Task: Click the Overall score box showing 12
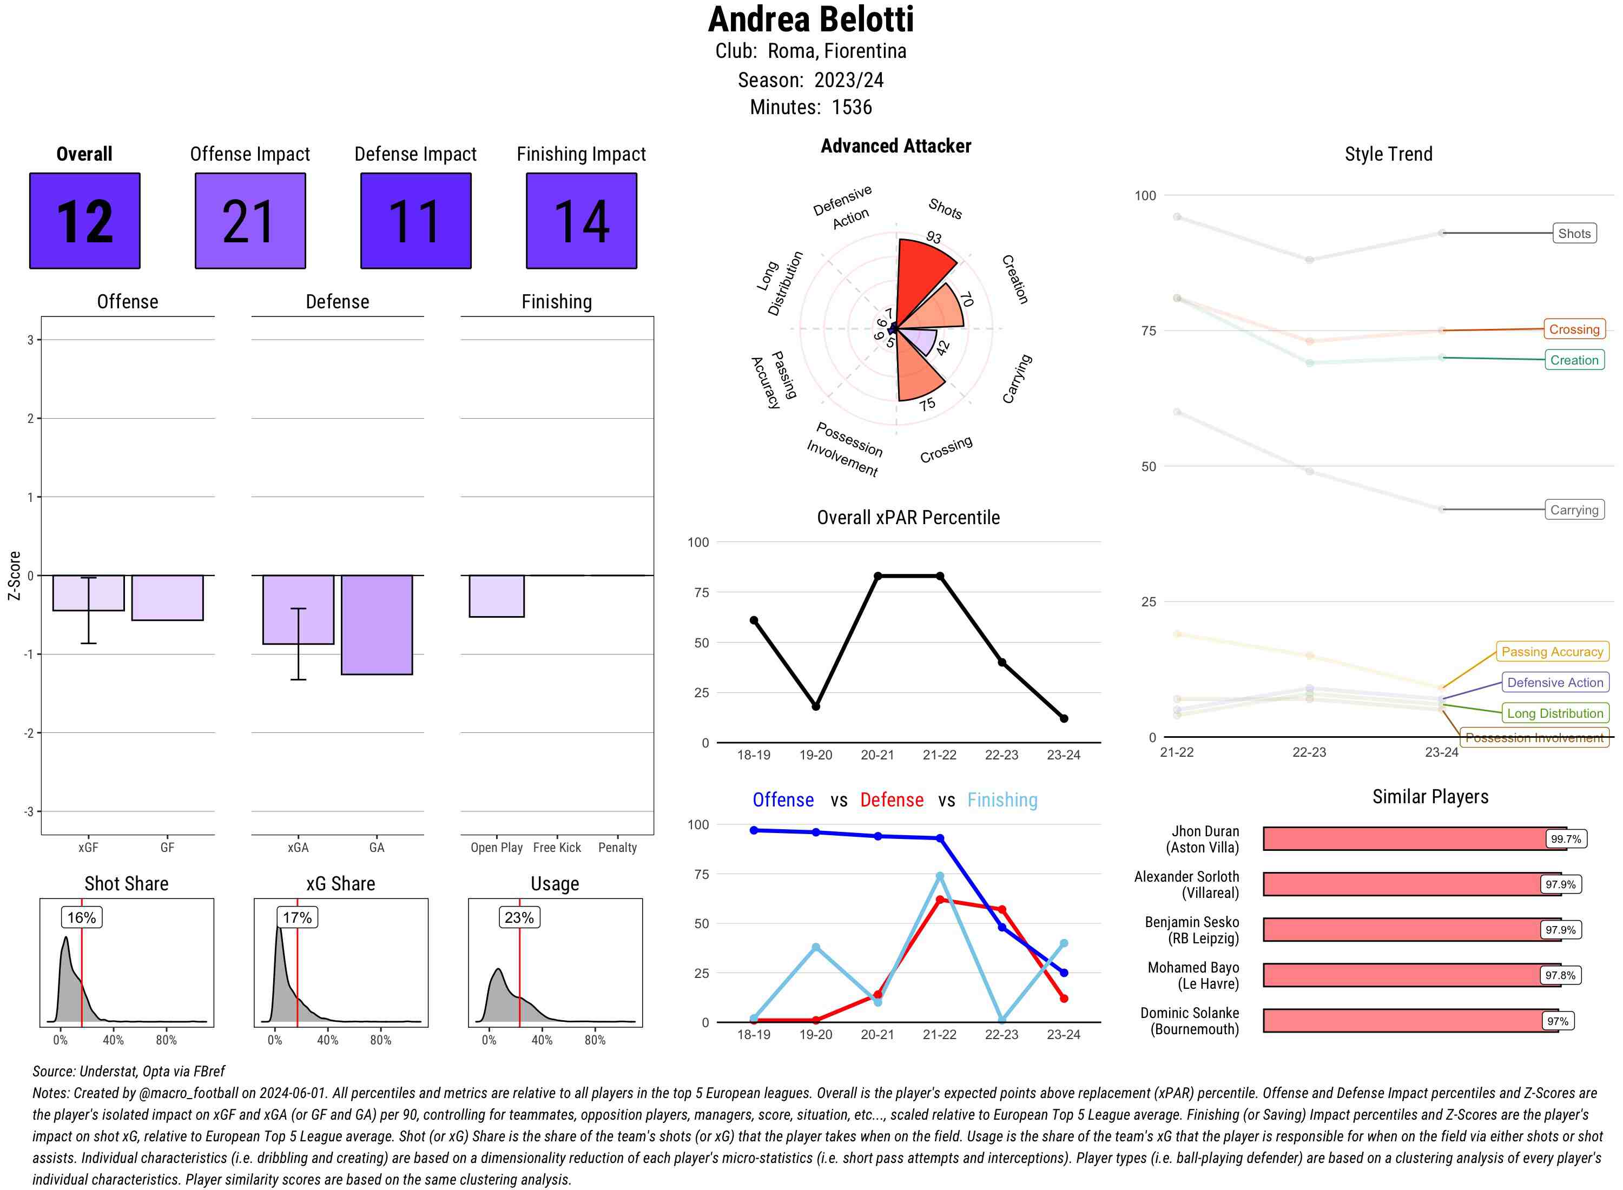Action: coord(84,221)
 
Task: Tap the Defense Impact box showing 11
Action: coord(415,221)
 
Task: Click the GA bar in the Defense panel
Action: coord(377,625)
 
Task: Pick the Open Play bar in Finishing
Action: coord(496,596)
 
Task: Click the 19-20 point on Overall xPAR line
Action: coord(815,706)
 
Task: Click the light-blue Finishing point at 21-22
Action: coord(939,876)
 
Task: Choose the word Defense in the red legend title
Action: coord(891,799)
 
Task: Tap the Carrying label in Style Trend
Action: coord(1574,510)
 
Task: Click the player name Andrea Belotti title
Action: coord(810,19)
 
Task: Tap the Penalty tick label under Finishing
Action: coord(617,848)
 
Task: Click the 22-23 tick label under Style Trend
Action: coord(1309,752)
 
